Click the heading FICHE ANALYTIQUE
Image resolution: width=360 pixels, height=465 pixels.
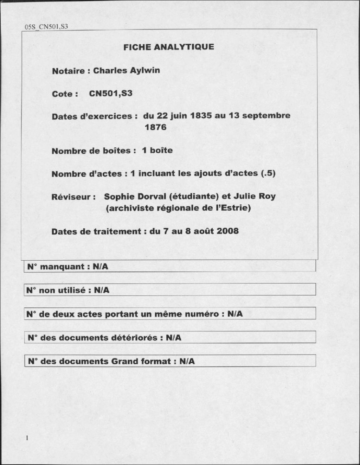click(169, 47)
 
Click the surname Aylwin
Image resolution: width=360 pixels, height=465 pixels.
click(145, 70)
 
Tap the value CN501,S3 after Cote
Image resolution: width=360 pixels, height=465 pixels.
click(111, 94)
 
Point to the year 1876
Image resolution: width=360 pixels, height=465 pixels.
click(155, 127)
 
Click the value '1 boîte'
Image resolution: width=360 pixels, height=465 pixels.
click(157, 151)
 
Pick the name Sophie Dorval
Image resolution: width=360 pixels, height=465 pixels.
click(135, 196)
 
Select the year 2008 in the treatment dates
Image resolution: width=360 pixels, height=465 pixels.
click(227, 231)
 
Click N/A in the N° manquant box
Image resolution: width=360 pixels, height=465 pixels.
click(100, 267)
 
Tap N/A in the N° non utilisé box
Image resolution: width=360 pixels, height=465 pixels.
click(102, 290)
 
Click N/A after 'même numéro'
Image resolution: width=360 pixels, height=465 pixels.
click(235, 314)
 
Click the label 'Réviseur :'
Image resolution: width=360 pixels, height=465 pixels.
click(73, 197)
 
